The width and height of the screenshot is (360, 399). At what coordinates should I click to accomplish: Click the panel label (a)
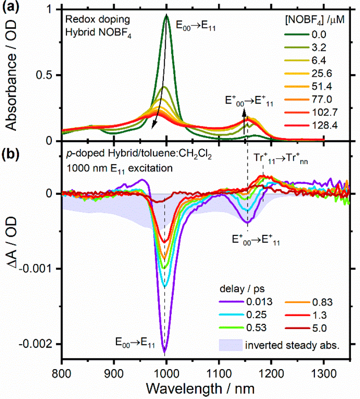click(x=9, y=6)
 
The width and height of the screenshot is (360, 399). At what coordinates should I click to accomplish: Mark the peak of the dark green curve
click(x=166, y=15)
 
